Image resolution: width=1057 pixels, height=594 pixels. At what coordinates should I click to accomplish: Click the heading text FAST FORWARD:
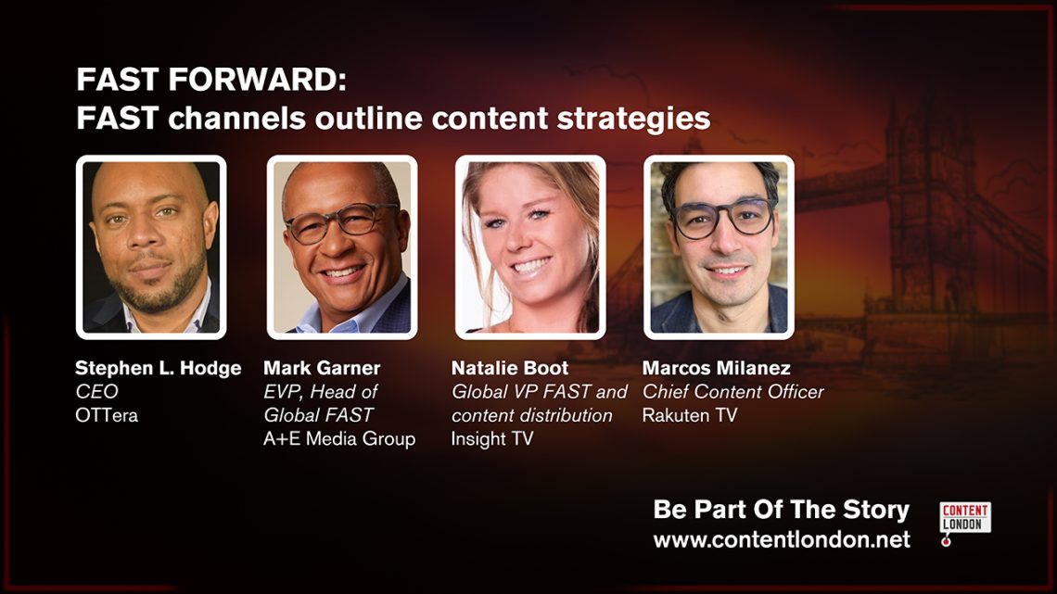pos(211,80)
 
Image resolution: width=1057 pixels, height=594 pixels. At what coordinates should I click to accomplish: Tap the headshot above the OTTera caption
pos(151,247)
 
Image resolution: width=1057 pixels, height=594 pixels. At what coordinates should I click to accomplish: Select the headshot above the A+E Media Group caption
pos(342,247)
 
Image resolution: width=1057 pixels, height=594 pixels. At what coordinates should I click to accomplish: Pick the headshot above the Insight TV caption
pos(530,247)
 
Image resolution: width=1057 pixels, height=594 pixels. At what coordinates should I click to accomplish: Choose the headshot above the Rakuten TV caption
pos(719,247)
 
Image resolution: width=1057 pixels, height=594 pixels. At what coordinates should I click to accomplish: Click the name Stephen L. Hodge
pos(159,369)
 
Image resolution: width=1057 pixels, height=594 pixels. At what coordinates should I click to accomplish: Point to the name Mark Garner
pos(322,369)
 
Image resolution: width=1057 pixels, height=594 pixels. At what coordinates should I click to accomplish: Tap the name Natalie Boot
pos(510,369)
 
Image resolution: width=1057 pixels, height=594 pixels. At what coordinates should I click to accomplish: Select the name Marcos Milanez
pos(716,369)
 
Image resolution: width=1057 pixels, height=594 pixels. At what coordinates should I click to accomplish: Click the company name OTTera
pos(107,415)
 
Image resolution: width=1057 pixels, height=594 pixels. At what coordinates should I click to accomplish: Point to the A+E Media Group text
pos(339,439)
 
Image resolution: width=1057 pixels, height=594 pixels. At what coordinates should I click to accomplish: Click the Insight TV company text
pos(492,439)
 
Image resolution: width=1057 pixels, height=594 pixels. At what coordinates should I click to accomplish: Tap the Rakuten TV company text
pos(690,415)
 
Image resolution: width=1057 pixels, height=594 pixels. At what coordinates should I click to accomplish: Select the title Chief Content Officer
pos(732,391)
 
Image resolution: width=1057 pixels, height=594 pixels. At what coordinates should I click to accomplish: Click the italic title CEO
pos(97,391)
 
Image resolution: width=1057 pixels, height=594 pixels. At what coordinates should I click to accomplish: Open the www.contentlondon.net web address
pos(782,539)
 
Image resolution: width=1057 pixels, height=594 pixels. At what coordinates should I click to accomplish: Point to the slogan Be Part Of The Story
pos(782,510)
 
